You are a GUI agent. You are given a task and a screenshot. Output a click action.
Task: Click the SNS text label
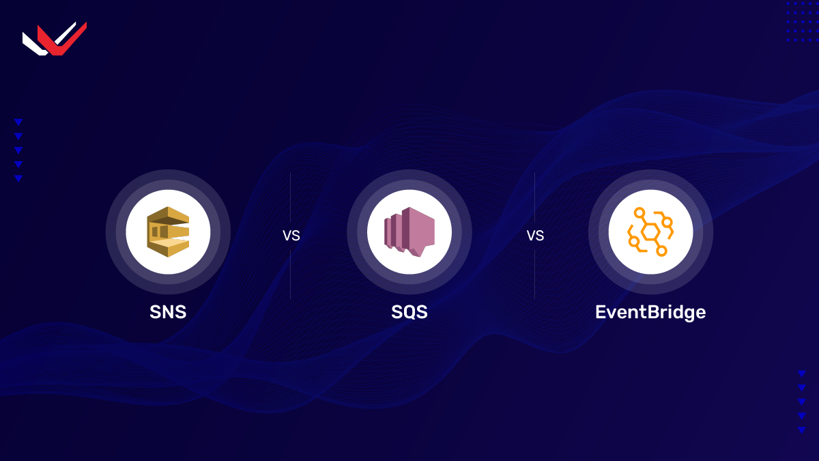coord(168,312)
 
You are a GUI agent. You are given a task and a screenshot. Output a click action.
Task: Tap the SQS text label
coord(409,312)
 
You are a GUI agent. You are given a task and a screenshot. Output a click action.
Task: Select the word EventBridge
coord(650,312)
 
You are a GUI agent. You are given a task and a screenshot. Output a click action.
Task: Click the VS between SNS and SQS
coord(291,236)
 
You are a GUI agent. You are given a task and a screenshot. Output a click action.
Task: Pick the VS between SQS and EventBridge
coord(535,236)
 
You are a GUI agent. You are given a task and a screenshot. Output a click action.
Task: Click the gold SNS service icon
coord(168,232)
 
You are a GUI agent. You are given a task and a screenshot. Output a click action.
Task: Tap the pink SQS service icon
coord(409,232)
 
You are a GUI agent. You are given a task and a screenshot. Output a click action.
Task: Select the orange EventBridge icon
coord(650,232)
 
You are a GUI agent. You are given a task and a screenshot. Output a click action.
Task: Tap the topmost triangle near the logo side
coord(18,122)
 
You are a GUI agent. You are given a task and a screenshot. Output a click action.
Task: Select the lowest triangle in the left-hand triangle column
coord(18,178)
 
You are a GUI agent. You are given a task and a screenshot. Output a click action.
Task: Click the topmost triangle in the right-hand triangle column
coord(801,374)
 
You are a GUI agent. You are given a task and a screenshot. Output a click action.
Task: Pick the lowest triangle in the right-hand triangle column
coord(801,430)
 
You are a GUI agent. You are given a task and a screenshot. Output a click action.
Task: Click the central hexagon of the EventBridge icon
coord(650,232)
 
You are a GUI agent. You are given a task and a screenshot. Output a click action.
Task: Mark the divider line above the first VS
coord(291,198)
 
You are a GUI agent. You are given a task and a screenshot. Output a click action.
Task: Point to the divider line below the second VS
coord(534,273)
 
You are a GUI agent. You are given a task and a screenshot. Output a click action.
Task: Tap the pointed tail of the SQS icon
coord(417,252)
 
